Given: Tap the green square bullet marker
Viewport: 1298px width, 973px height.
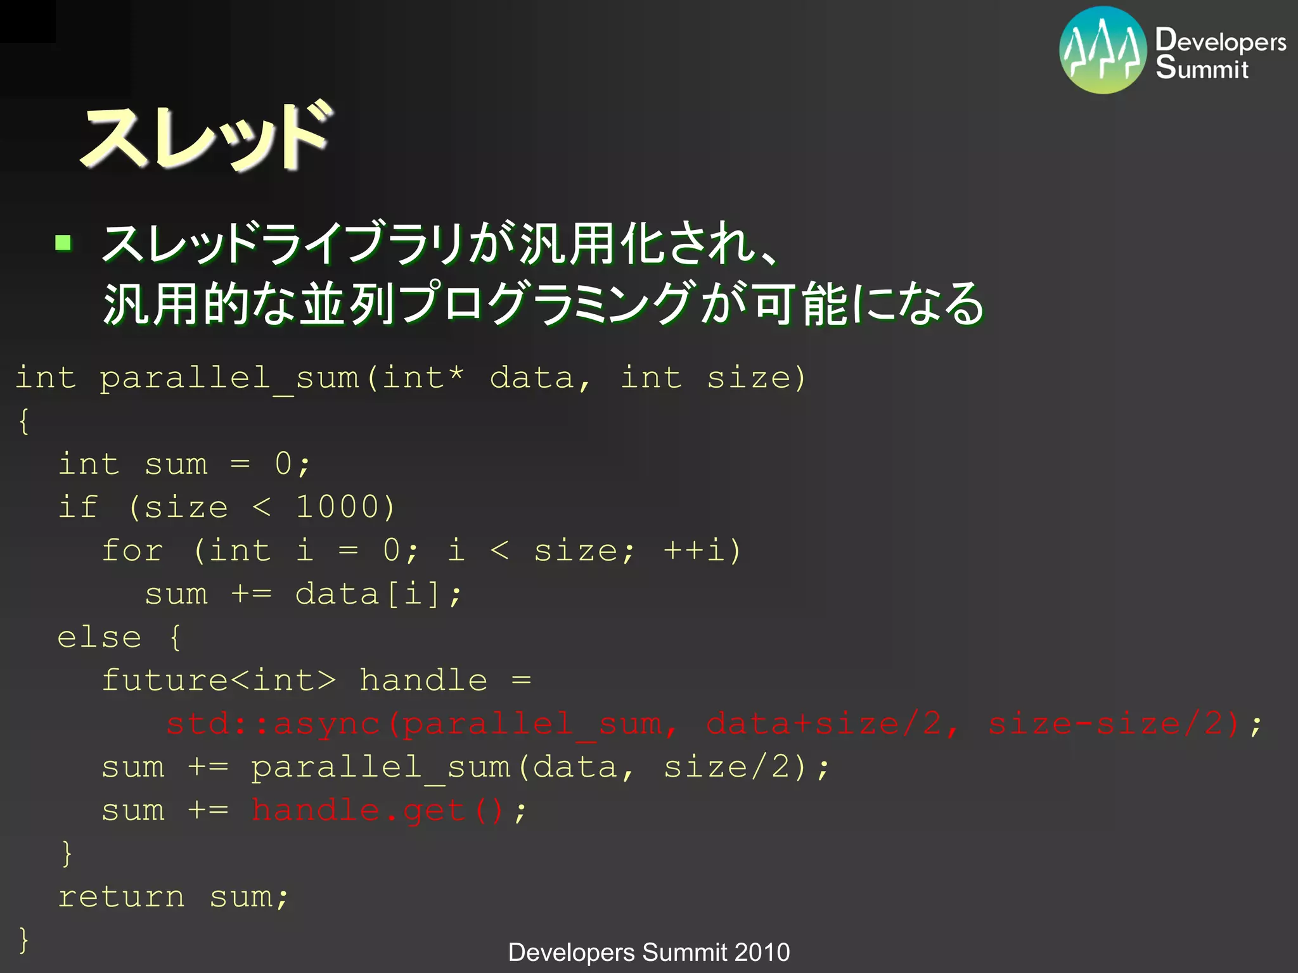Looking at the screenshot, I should [63, 243].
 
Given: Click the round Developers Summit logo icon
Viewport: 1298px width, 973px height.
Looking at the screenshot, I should [1103, 51].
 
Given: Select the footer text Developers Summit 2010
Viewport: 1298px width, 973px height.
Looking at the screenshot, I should [649, 952].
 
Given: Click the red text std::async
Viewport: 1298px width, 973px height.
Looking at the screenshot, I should [273, 724].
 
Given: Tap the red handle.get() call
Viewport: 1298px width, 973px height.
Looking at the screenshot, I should [377, 810].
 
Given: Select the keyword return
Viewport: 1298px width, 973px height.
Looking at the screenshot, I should [122, 897].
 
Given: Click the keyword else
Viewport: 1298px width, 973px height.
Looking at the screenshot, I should [100, 637].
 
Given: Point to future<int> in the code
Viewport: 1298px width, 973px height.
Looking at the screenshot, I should [219, 681].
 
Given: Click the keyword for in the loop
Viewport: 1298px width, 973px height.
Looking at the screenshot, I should [133, 550].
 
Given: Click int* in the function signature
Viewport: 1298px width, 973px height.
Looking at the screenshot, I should [423, 378].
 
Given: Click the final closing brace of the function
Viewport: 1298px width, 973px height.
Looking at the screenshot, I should [24, 939].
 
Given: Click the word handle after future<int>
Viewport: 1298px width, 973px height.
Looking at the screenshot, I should [423, 681].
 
